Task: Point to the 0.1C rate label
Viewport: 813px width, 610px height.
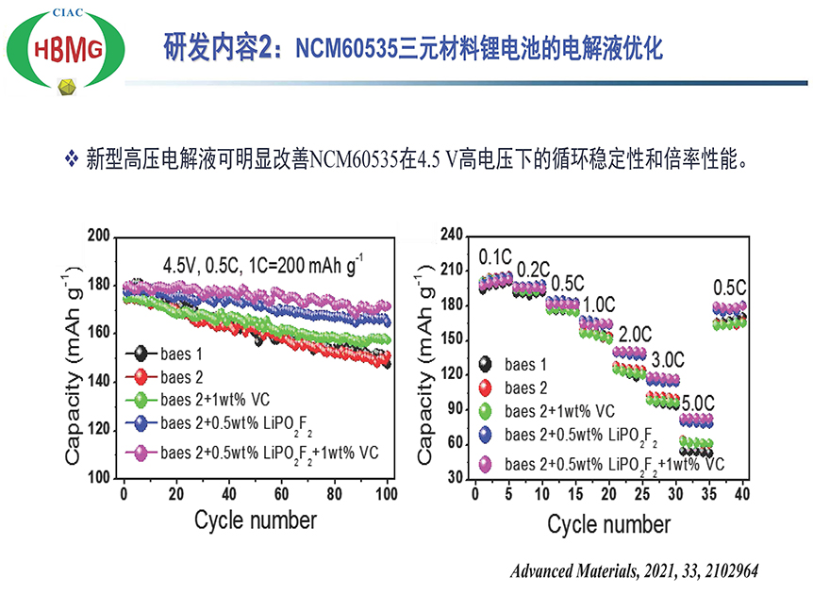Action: (x=495, y=256)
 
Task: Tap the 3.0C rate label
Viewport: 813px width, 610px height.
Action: (x=667, y=359)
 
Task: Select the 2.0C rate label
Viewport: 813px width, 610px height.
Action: (x=634, y=334)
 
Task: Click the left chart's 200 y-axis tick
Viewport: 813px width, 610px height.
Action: (x=98, y=236)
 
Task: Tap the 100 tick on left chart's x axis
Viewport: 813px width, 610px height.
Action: (x=388, y=493)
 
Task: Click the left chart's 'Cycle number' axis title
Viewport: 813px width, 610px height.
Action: (x=256, y=519)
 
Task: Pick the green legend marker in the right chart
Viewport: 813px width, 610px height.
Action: (x=486, y=412)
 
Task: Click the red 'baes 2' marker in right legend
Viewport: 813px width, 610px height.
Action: (x=486, y=387)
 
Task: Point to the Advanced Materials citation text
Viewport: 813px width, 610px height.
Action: (x=634, y=571)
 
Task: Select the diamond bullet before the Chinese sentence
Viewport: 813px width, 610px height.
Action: (x=71, y=157)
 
